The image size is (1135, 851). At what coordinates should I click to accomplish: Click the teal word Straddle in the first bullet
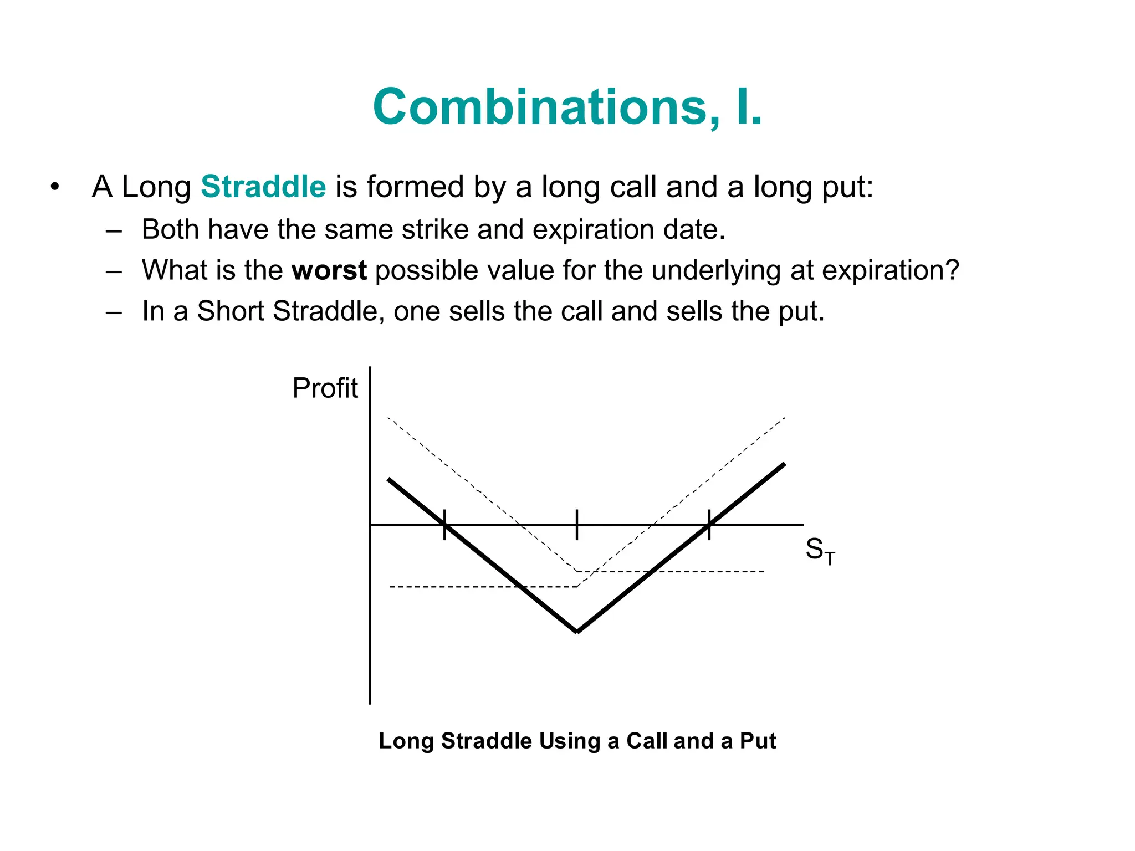263,186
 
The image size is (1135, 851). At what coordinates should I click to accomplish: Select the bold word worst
329,270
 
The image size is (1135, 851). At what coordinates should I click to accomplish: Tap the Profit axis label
325,388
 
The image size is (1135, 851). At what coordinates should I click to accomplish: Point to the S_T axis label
819,551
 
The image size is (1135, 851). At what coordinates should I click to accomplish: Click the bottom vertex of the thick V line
577,631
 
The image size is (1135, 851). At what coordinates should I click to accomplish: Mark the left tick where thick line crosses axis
444,524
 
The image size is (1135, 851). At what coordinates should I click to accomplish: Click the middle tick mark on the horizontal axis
577,524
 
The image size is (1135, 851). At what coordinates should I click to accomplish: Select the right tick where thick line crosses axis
709,524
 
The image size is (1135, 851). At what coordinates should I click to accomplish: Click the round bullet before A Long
54,187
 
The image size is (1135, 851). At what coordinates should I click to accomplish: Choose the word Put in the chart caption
758,741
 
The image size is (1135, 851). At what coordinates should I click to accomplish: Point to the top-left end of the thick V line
390,480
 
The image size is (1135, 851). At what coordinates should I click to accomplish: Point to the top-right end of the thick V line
783,465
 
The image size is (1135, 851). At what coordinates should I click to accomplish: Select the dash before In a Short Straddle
114,312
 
